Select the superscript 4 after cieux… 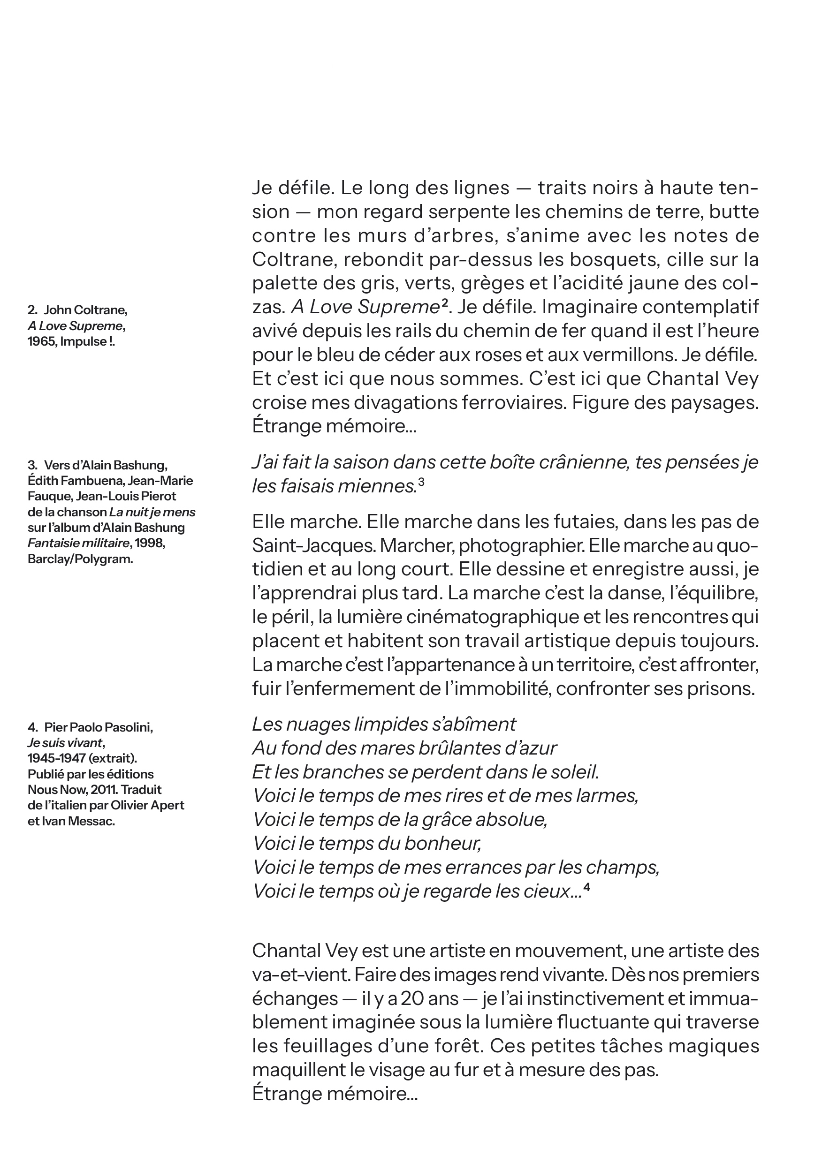[x=586, y=886]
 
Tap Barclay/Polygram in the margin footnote [x=80, y=559]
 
